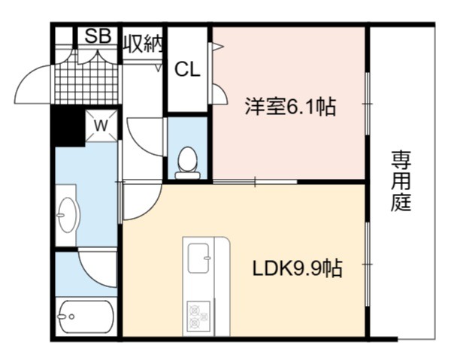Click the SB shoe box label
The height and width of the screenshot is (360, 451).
98,36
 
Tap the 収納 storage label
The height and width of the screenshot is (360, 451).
143,44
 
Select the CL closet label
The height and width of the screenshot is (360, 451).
187,69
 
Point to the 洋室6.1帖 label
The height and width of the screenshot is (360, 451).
290,106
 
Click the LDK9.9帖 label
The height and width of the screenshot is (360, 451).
298,268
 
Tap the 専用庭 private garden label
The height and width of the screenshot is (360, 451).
401,181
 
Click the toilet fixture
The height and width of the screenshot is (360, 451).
187,163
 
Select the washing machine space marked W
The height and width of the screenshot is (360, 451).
101,126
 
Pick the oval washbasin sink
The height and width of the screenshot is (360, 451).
68,215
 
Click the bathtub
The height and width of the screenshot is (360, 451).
86,316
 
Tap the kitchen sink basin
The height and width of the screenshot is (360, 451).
198,259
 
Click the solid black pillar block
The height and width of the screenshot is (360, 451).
68,126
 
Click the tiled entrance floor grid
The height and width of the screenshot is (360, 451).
86,84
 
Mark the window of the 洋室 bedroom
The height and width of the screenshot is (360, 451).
368,104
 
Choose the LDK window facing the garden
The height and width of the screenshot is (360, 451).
368,264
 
